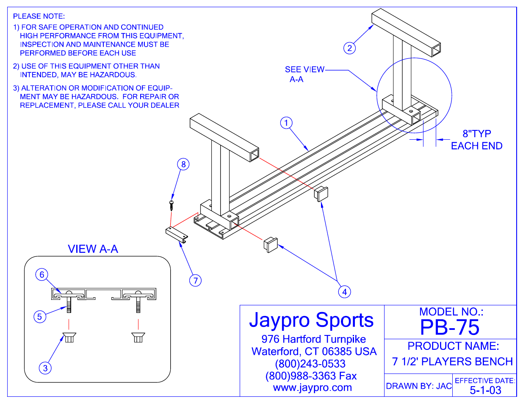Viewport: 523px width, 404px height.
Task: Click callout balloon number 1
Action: pos(286,123)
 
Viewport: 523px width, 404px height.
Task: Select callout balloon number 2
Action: pos(349,48)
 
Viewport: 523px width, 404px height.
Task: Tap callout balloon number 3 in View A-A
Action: pos(45,368)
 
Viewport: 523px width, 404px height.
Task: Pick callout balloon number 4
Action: pos(345,292)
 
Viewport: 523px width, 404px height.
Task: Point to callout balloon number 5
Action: pos(40,316)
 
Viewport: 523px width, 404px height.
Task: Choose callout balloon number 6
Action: pos(42,274)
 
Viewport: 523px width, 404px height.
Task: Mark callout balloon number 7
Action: pos(195,280)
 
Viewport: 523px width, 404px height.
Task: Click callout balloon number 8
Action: pos(183,164)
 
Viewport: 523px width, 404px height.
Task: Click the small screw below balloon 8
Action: pos(172,205)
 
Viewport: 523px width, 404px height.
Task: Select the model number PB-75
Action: pos(450,327)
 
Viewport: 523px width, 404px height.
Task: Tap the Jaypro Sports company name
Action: pos(311,320)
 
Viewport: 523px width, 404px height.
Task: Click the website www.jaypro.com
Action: pos(312,388)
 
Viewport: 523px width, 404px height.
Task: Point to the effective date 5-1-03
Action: pos(485,390)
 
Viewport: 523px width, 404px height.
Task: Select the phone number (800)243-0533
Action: pos(310,364)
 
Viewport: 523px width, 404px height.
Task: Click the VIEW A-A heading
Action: pos(93,249)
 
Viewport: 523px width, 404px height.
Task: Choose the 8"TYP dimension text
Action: pos(477,134)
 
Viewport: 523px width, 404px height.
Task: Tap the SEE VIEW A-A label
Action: pos(304,74)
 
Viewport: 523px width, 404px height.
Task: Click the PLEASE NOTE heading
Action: pos(39,16)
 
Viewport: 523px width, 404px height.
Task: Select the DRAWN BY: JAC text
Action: pos(418,386)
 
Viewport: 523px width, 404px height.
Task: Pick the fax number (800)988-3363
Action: pos(311,376)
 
